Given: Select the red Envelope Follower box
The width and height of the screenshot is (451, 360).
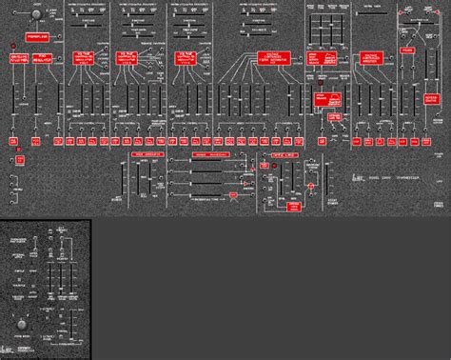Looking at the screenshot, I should [20, 59].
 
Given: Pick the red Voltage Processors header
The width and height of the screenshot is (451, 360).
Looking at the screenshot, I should [212, 152].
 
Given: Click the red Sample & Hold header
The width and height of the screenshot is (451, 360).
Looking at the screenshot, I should [281, 152].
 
